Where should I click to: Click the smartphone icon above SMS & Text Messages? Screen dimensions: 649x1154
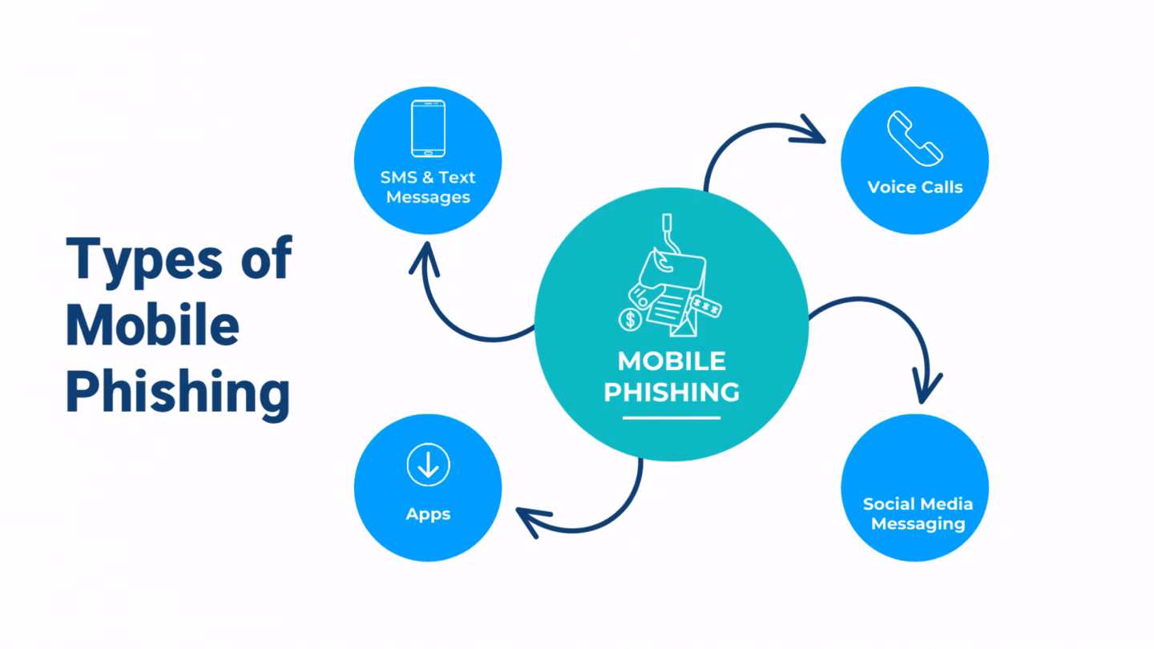428,128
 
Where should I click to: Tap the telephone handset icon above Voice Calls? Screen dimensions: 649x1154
914,138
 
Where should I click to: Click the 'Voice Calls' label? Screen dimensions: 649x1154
914,187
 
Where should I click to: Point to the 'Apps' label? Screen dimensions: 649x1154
428,514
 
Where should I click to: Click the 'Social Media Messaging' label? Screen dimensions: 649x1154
918,514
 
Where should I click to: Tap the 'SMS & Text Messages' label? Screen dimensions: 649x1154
428,187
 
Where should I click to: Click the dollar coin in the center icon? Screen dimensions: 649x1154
631,320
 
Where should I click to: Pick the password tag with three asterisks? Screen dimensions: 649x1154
706,307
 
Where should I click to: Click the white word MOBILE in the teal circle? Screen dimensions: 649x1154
672,361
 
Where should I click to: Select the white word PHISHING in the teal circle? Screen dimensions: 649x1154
672,392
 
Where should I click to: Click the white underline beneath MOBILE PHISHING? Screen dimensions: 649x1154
672,417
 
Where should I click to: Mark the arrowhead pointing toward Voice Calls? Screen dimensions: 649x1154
811,131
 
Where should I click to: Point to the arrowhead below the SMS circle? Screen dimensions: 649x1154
425,258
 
